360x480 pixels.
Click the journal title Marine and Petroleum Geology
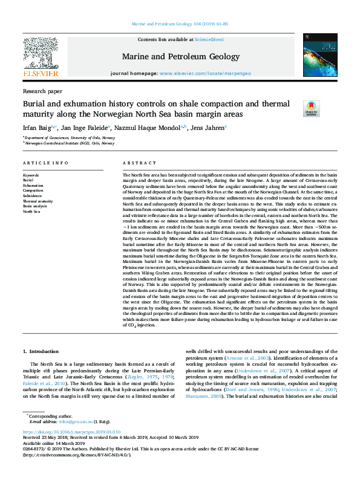coord(180,56)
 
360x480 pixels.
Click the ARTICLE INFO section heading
coord(45,164)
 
